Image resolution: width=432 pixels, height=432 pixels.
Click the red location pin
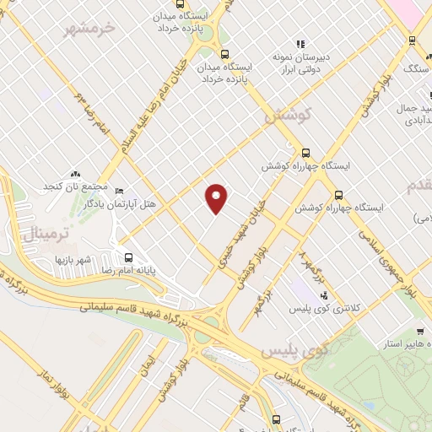click(218, 198)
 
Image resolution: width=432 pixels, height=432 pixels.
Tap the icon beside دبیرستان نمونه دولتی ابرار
click(299, 44)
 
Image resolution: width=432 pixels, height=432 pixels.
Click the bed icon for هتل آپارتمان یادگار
click(118, 192)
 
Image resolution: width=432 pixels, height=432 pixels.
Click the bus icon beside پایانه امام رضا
click(128, 257)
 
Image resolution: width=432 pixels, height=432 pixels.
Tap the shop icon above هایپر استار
click(418, 331)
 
